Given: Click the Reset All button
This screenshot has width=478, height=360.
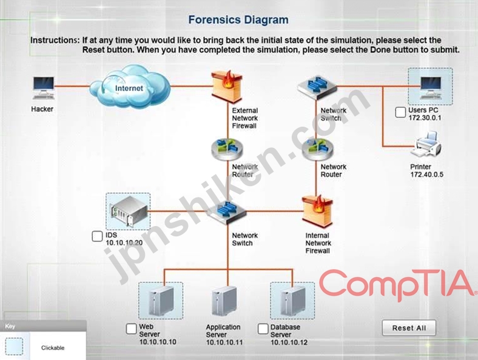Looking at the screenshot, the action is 409,328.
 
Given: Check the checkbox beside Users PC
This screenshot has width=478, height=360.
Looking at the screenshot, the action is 400,112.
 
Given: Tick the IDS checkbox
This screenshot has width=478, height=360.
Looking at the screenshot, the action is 97,236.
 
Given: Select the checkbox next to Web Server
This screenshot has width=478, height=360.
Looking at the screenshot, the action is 131,328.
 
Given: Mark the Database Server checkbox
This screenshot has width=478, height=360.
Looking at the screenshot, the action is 263,328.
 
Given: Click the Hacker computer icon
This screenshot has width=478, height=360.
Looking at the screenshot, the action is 44,88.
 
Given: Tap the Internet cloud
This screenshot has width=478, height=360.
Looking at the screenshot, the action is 130,87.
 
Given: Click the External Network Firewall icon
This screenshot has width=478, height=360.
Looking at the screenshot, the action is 227,87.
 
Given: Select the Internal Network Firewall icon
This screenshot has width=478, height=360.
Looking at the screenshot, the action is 317,212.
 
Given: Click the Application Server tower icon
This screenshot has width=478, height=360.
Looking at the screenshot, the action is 224,301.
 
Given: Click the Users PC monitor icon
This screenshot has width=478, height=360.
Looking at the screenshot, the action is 431,88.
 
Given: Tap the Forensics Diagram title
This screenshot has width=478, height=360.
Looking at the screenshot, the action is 238,20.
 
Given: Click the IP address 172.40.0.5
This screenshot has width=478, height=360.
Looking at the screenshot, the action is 427,175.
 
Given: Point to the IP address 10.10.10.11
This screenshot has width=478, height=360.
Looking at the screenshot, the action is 224,342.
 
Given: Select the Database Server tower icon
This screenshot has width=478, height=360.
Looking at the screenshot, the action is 292,301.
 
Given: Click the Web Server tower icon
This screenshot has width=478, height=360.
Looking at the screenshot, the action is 161,301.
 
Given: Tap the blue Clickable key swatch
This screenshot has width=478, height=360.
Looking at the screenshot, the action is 14,346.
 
